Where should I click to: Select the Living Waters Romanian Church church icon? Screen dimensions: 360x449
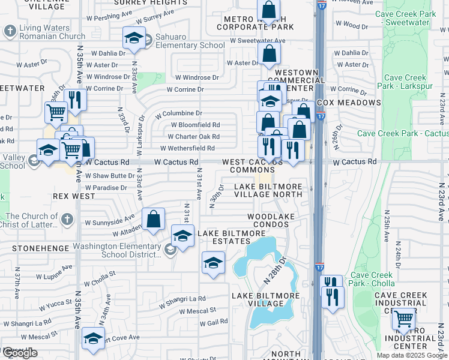point(10,31)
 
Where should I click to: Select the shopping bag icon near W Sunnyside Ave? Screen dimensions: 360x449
point(154,219)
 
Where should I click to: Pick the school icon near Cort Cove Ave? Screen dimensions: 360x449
point(93,338)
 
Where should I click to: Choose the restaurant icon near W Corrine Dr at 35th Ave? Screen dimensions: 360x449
point(75,99)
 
